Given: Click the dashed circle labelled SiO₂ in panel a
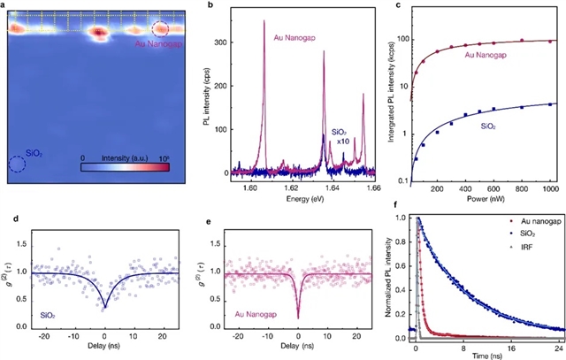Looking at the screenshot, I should (x=18, y=164).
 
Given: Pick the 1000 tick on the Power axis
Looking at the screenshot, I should (x=550, y=188).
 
